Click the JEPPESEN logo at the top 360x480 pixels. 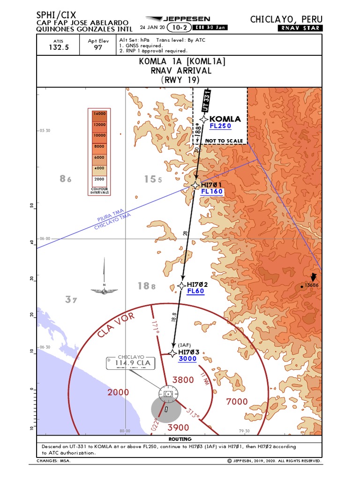(181, 19)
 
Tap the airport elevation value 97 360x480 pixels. (98, 47)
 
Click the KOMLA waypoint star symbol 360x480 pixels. (203, 119)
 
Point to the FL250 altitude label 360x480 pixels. (220, 126)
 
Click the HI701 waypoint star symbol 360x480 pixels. (195, 185)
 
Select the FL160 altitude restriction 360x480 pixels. (212, 192)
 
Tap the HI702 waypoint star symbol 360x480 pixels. (182, 285)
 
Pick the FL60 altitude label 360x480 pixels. (195, 291)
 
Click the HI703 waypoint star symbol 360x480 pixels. (172, 352)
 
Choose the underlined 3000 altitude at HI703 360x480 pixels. (187, 359)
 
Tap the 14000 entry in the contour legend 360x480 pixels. (99, 114)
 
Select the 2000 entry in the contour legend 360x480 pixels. (99, 179)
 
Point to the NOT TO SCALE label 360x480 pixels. (224, 141)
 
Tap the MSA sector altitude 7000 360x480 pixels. (237, 401)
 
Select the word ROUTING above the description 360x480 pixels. (180, 440)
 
